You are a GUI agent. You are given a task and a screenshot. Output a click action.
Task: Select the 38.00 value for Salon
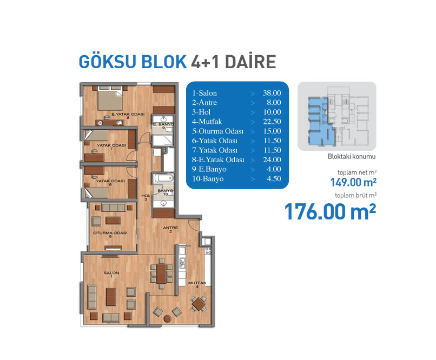pyautogui.click(x=272, y=93)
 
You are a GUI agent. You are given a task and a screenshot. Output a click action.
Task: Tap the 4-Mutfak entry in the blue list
pyautogui.click(x=207, y=122)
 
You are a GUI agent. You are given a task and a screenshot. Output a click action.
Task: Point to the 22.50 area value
pyautogui.click(x=272, y=122)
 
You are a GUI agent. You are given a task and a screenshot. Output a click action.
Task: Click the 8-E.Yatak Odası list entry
pyautogui.click(x=218, y=159)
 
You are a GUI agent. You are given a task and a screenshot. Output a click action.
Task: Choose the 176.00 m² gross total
pyautogui.click(x=331, y=212)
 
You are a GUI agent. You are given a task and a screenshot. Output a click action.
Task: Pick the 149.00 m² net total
pyautogui.click(x=353, y=182)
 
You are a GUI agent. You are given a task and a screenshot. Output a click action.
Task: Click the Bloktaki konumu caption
pyautogui.click(x=352, y=156)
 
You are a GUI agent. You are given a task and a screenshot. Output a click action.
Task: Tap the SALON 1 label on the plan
pyautogui.click(x=111, y=275)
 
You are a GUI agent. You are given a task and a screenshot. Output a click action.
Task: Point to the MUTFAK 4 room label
pyautogui.click(x=197, y=284)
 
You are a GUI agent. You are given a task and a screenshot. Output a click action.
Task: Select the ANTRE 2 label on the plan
pyautogui.click(x=170, y=229)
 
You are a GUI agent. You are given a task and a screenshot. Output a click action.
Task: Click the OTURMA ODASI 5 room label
pyautogui.click(x=110, y=235)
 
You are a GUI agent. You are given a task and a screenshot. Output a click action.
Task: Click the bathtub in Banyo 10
pyautogui.click(x=163, y=178)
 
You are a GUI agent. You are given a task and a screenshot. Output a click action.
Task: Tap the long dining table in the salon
pyautogui.click(x=161, y=274)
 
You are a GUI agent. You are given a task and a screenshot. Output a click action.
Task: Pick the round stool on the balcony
pyautogui.click(x=167, y=318)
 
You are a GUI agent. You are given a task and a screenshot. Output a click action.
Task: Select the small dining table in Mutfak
pyautogui.click(x=199, y=304)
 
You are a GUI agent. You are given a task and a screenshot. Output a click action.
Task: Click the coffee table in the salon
pyautogui.click(x=111, y=297)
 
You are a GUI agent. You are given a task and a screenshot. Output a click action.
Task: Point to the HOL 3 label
pyautogui.click(x=146, y=197)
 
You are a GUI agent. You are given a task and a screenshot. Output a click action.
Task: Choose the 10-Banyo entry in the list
pyautogui.click(x=208, y=178)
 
